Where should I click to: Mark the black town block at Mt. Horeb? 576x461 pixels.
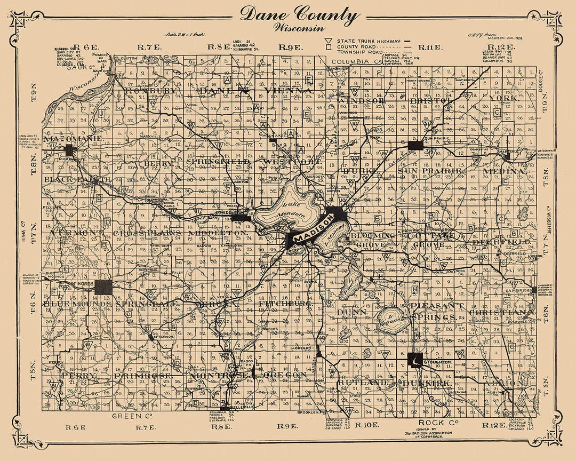[x=103, y=287]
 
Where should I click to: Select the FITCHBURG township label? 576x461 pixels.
[x=285, y=304]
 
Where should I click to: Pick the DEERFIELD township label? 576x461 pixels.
[x=501, y=242]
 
